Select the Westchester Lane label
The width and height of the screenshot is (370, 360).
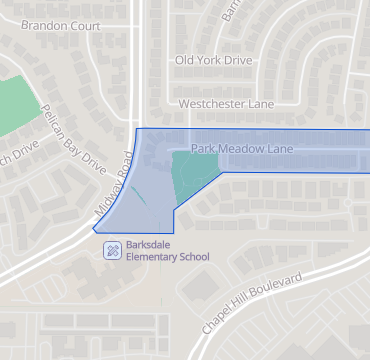click(x=225, y=104)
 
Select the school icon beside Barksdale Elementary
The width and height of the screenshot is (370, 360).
click(x=112, y=249)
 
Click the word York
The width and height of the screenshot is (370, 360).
click(x=210, y=61)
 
